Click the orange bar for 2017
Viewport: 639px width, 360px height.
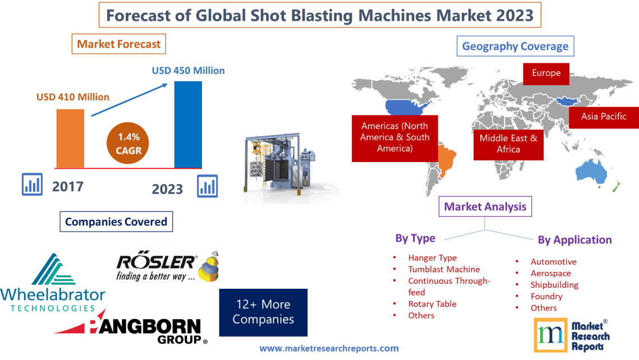click(70, 138)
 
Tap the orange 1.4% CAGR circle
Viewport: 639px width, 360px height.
click(129, 143)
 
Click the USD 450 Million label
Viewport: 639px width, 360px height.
click(189, 71)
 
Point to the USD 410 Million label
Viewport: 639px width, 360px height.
click(73, 97)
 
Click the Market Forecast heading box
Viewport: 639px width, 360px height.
click(119, 44)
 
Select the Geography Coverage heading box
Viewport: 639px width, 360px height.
click(515, 46)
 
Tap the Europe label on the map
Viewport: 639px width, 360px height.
click(546, 73)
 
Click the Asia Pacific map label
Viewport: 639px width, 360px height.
click(604, 117)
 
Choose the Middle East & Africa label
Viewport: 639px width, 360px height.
click(508, 144)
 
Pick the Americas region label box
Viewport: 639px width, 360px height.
click(395, 137)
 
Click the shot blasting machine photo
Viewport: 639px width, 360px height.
click(284, 165)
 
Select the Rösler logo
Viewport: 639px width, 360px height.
click(168, 266)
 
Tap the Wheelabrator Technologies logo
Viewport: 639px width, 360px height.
click(53, 283)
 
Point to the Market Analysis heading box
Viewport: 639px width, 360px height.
click(485, 206)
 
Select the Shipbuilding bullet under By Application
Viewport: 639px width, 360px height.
click(554, 285)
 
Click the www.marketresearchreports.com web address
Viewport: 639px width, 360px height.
click(329, 348)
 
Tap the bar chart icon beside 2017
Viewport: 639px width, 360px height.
click(31, 184)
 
